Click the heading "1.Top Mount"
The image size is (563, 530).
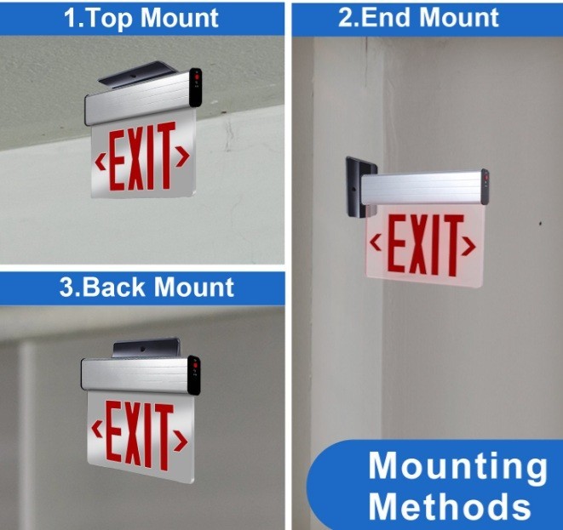[142, 18]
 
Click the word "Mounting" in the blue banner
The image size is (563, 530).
[457, 467]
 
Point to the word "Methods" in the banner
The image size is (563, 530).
[450, 506]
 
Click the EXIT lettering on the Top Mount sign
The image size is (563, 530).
[141, 158]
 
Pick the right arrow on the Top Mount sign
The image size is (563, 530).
[182, 156]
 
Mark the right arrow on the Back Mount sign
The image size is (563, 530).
[181, 441]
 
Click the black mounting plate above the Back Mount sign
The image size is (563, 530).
[146, 347]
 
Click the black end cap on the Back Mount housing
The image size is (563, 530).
[194, 374]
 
